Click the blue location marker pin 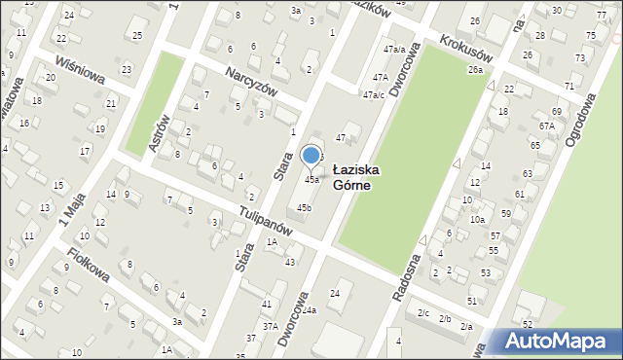coord(311,156)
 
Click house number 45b coord(305,207)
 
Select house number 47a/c coord(374,95)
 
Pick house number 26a coord(475,70)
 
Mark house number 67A coord(546,126)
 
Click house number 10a coord(477,220)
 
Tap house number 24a coord(309,309)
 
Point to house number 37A coord(270,327)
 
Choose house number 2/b coord(445,319)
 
